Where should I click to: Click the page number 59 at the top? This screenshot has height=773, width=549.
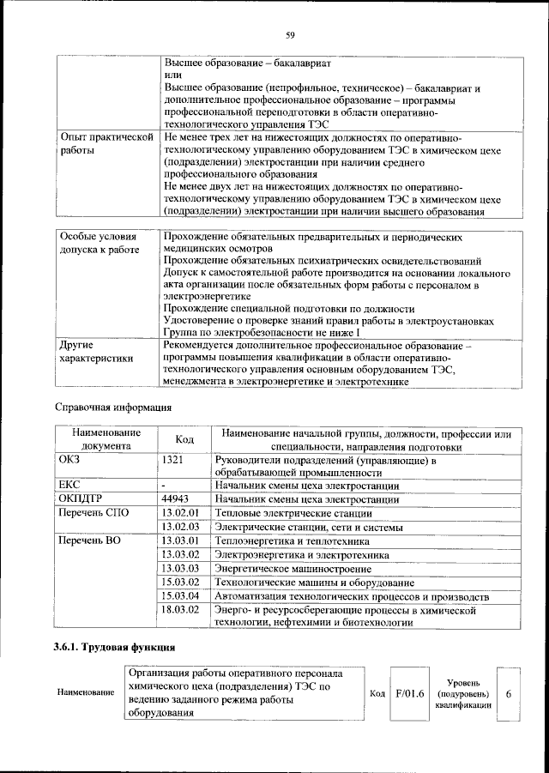[290, 35]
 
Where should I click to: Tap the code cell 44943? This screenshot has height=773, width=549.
[175, 498]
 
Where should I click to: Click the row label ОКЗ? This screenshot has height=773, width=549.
[68, 460]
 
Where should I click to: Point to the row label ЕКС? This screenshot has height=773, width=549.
[68, 484]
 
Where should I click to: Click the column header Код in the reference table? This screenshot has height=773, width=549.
[184, 439]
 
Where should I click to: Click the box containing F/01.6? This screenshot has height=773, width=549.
[410, 692]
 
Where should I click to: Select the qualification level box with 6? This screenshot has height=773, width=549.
[509, 692]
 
